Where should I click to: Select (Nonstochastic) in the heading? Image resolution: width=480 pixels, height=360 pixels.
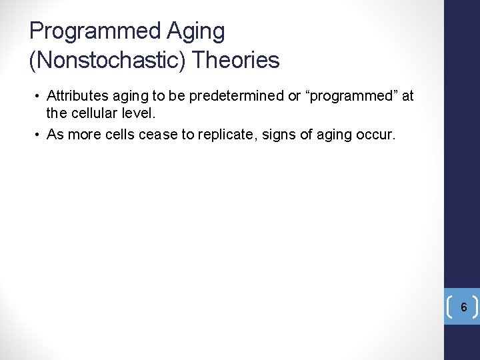107,61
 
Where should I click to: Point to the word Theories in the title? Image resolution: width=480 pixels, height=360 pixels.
235,61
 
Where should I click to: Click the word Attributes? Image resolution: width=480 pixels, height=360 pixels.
75,96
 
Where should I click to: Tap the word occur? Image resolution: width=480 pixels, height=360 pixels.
377,135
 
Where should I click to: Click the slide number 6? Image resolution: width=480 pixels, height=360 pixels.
463,307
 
